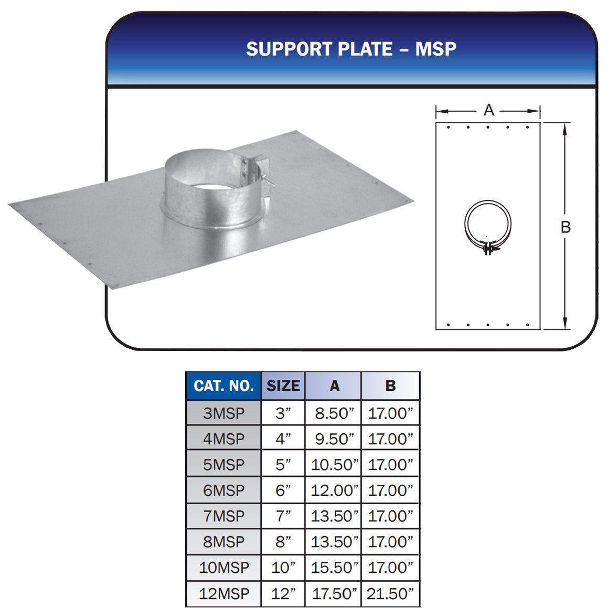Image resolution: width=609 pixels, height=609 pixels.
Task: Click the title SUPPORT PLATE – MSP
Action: pyautogui.click(x=351, y=49)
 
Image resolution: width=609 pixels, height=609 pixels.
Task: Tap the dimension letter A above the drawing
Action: pyautogui.click(x=489, y=110)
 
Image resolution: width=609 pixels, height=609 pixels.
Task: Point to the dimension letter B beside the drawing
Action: pyautogui.click(x=565, y=227)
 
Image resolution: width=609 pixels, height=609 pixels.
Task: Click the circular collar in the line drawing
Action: pyautogui.click(x=488, y=223)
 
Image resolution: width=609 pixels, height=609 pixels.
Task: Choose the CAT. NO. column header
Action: pyautogui.click(x=223, y=386)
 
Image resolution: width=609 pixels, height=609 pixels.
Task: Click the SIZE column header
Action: pyautogui.click(x=283, y=386)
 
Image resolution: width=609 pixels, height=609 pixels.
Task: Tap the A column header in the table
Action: pyautogui.click(x=334, y=386)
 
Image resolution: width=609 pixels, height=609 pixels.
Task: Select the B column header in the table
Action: pyautogui.click(x=390, y=386)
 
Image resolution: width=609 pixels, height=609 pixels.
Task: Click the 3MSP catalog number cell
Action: pyautogui.click(x=223, y=413)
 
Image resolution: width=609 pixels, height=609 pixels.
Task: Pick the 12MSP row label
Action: pyautogui.click(x=223, y=594)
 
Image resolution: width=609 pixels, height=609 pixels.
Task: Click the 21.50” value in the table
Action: pyautogui.click(x=390, y=594)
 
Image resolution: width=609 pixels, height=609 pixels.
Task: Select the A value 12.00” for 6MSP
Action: pyautogui.click(x=334, y=490)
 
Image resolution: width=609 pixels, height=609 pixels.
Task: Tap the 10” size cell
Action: pyautogui.click(x=283, y=568)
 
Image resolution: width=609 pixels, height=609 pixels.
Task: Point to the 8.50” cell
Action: pyautogui.click(x=334, y=413)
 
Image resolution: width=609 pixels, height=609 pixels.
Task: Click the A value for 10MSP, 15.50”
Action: pyautogui.click(x=334, y=568)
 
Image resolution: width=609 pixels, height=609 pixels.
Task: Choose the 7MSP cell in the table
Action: pyautogui.click(x=223, y=516)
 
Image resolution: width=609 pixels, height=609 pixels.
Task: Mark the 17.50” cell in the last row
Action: pyautogui.click(x=334, y=594)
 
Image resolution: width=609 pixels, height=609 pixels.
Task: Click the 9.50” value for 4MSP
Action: pyautogui.click(x=334, y=439)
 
